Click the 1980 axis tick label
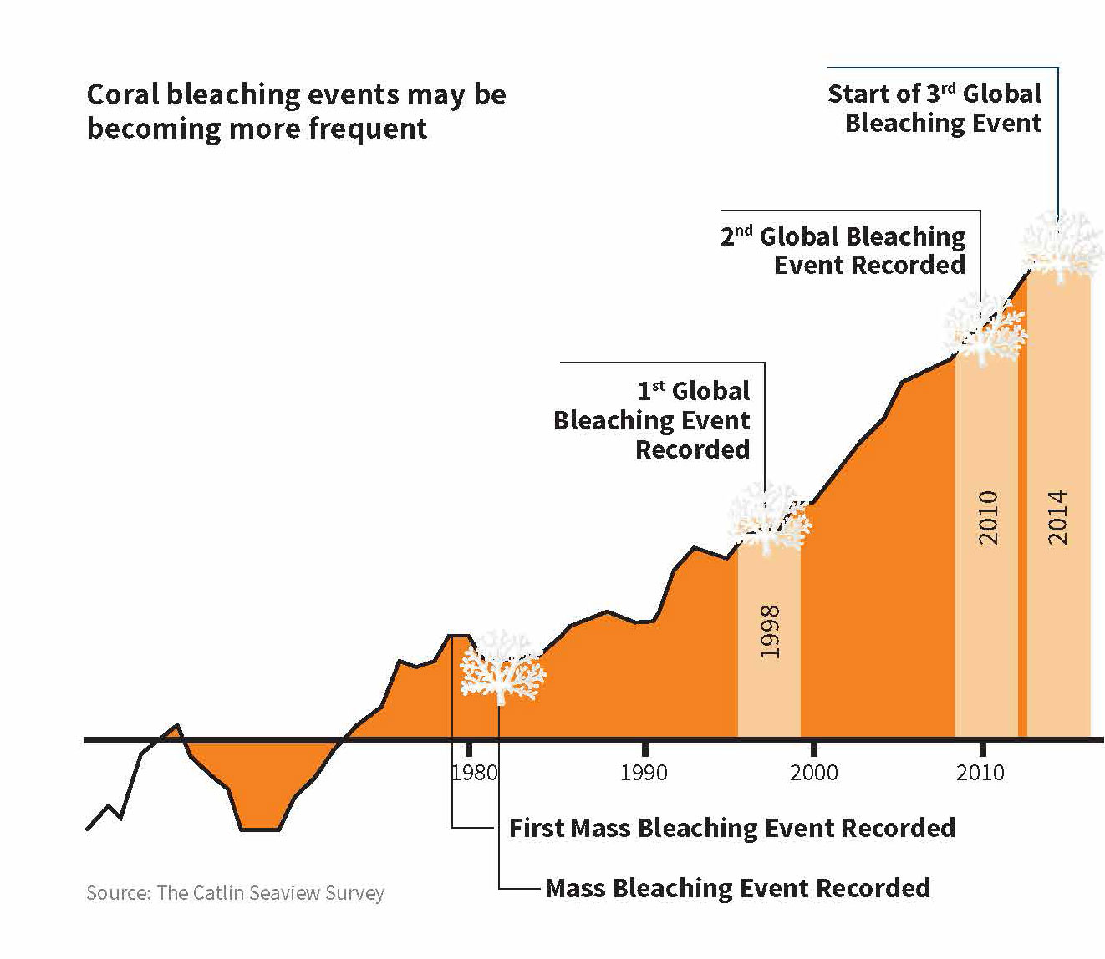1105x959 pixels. click(x=475, y=772)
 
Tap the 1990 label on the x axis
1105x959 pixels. click(x=644, y=772)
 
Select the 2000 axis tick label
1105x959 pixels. click(x=813, y=772)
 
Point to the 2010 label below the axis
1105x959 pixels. click(x=980, y=772)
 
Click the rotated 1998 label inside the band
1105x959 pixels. click(x=770, y=632)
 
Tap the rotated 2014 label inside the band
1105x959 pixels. click(x=1058, y=517)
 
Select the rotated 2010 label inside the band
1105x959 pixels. click(x=988, y=517)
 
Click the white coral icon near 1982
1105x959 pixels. click(x=502, y=668)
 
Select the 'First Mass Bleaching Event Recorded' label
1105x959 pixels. click(x=732, y=828)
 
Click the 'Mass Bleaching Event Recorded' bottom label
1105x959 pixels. click(x=737, y=888)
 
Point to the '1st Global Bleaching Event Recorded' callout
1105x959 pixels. click(x=653, y=420)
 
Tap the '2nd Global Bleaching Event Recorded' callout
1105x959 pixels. click(x=843, y=251)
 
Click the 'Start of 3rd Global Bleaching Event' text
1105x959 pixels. click(x=935, y=108)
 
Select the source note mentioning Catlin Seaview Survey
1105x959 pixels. click(x=235, y=893)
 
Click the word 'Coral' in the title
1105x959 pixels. click(x=123, y=94)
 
